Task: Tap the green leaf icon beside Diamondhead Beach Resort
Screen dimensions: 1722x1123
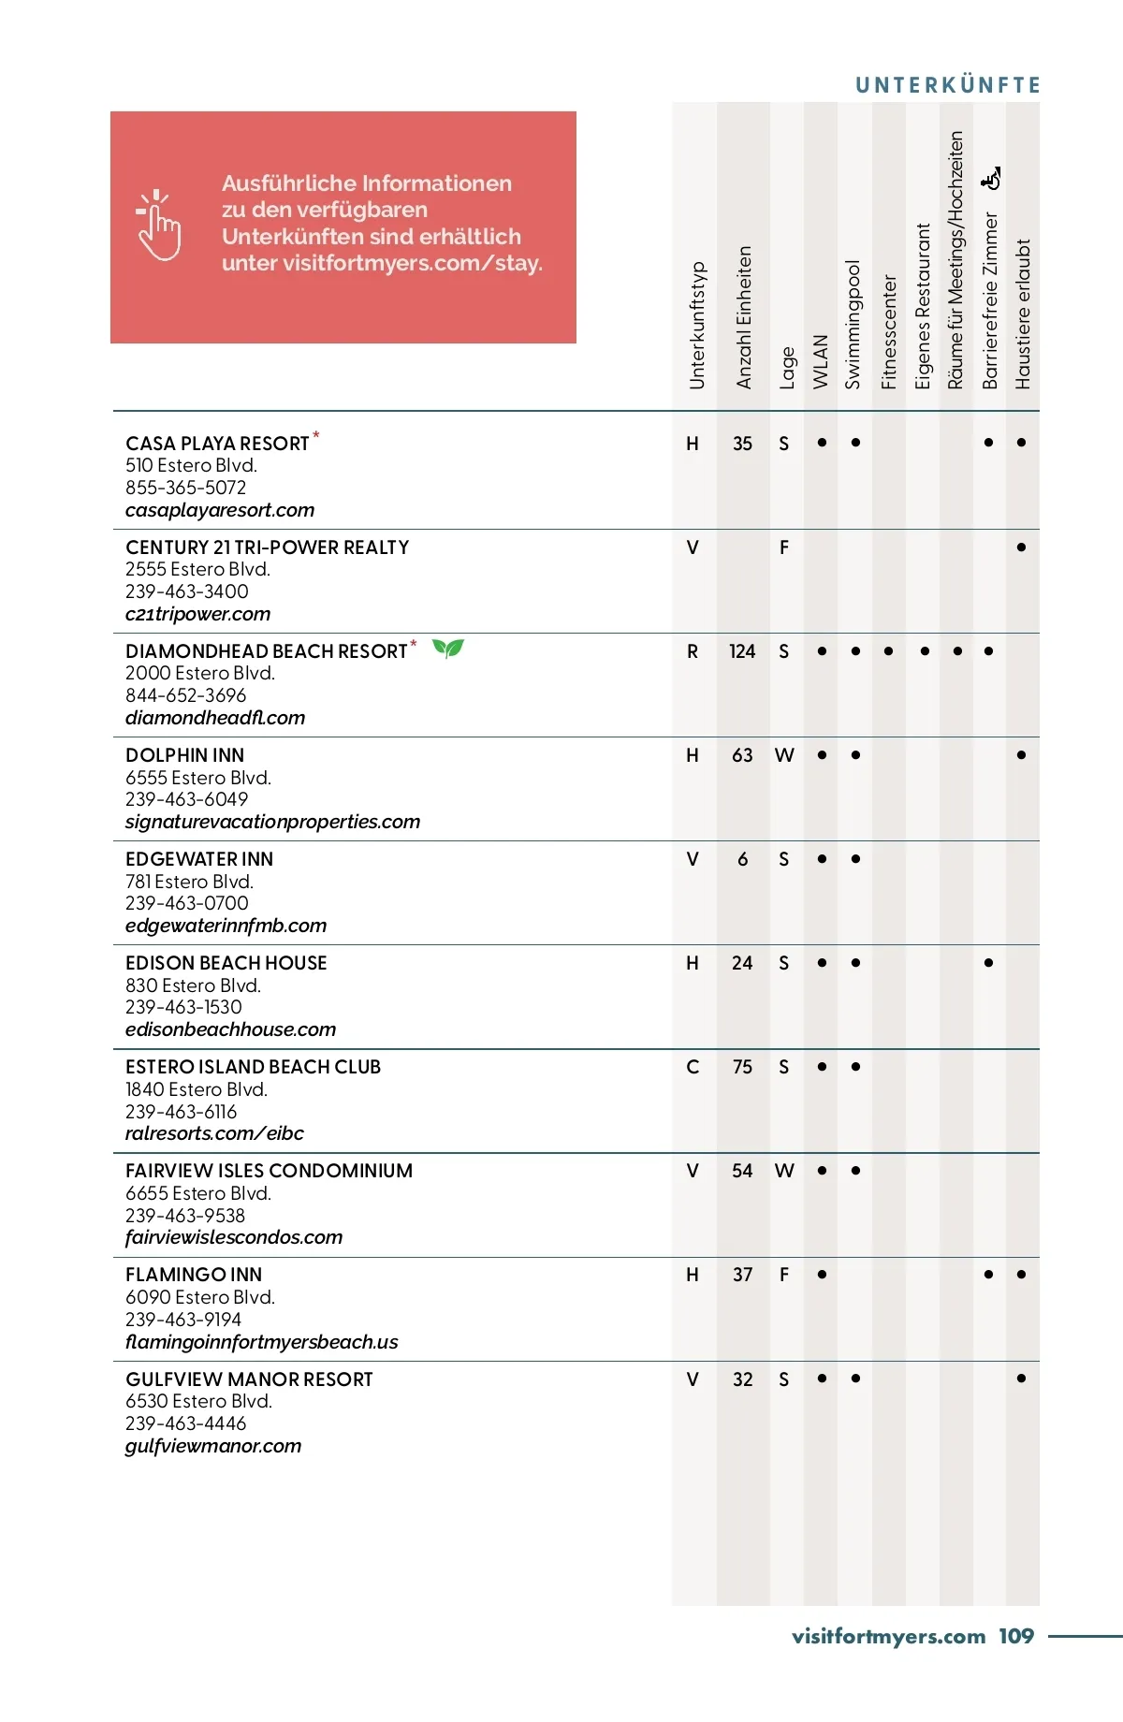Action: click(448, 648)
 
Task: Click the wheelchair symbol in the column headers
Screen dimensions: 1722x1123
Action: click(991, 178)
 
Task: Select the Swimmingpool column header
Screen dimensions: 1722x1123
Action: click(853, 324)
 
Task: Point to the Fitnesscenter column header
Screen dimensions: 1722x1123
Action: click(889, 331)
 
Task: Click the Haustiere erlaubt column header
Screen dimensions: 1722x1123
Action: click(1023, 314)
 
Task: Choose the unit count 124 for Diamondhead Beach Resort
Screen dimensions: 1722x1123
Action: click(742, 651)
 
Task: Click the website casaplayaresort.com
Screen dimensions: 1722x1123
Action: click(220, 510)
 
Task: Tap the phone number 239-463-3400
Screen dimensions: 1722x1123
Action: click(187, 591)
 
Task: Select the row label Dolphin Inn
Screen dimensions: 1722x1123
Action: click(185, 755)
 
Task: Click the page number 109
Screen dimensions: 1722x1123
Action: click(1015, 1636)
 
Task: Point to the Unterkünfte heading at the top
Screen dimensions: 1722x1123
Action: click(947, 85)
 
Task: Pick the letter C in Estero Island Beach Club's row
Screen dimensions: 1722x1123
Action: click(693, 1067)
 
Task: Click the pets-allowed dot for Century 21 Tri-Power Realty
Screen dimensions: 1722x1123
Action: click(1021, 547)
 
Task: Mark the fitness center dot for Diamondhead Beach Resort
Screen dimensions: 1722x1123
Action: click(888, 651)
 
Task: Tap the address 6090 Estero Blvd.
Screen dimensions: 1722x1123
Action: click(200, 1297)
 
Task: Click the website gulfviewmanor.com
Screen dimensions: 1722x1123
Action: click(213, 1446)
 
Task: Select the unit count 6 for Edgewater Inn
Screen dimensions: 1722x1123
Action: click(742, 859)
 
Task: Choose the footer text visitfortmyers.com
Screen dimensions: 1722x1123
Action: click(888, 1636)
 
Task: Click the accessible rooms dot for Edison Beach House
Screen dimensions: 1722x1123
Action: click(988, 963)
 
